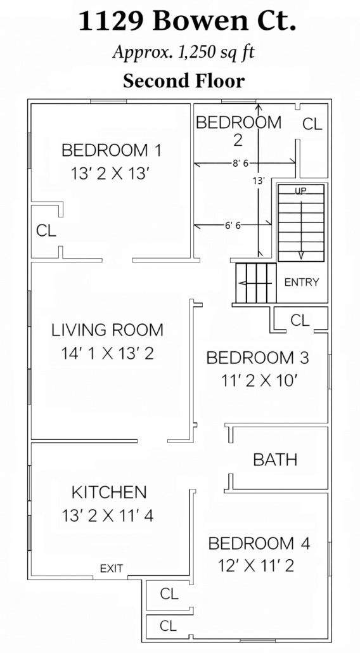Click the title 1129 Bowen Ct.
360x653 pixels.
point(187,22)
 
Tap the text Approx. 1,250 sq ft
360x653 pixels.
point(184,53)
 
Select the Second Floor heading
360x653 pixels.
point(184,81)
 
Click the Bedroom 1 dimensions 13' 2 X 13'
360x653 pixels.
point(110,173)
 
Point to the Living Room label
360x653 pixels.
point(107,330)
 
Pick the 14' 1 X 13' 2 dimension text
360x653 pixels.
point(107,354)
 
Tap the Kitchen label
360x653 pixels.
point(109,492)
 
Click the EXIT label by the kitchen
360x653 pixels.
point(112,569)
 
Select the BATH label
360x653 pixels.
point(275,460)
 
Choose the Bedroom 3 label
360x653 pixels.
point(257,358)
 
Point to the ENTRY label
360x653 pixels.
point(302,282)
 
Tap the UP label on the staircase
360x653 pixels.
point(301,191)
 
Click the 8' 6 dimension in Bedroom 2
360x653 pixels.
point(240,164)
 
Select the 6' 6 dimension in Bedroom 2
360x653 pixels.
point(233,226)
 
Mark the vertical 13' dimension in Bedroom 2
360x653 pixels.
point(259,181)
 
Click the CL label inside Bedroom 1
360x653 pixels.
point(46,230)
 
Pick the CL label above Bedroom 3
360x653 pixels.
point(300,320)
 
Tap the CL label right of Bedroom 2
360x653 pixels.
point(312,124)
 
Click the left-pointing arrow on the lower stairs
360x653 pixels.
point(255,283)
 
